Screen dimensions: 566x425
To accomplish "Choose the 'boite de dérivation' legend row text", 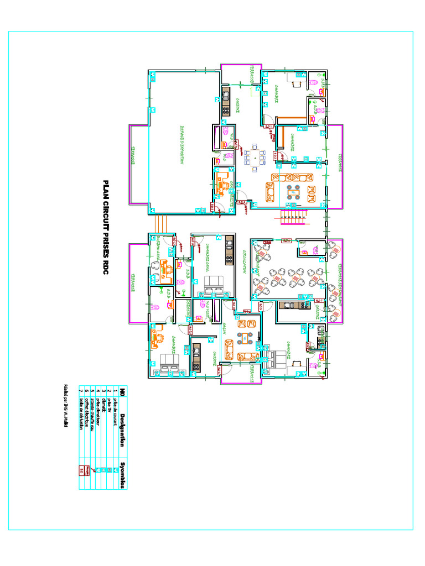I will coord(82,418).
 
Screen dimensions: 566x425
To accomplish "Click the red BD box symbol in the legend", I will coord(82,470).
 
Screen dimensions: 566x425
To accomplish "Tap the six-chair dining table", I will coord(255,158).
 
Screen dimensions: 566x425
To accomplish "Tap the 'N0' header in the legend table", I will coord(122,392).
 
